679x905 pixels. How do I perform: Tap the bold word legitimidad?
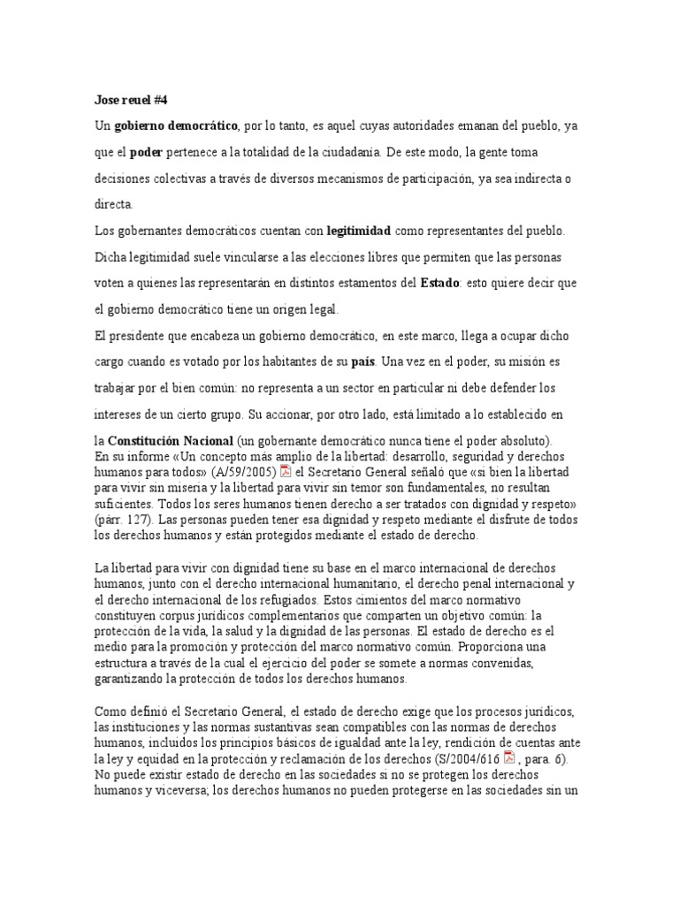click(x=359, y=231)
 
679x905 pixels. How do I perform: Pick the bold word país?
click(x=363, y=361)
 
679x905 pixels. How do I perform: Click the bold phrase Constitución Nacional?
click(x=171, y=440)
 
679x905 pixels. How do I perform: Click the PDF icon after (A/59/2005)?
click(x=286, y=470)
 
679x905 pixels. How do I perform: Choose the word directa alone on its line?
click(x=113, y=204)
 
